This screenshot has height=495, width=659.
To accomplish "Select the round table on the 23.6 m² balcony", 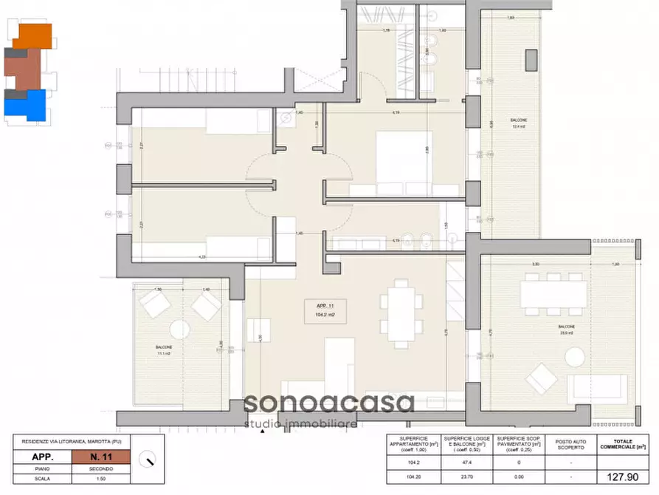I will [x=576, y=358].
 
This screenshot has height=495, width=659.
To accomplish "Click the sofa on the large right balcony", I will [x=600, y=387].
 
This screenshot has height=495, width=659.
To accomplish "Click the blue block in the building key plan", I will [x=27, y=106].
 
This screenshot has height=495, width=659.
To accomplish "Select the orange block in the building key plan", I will [x=34, y=35].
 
